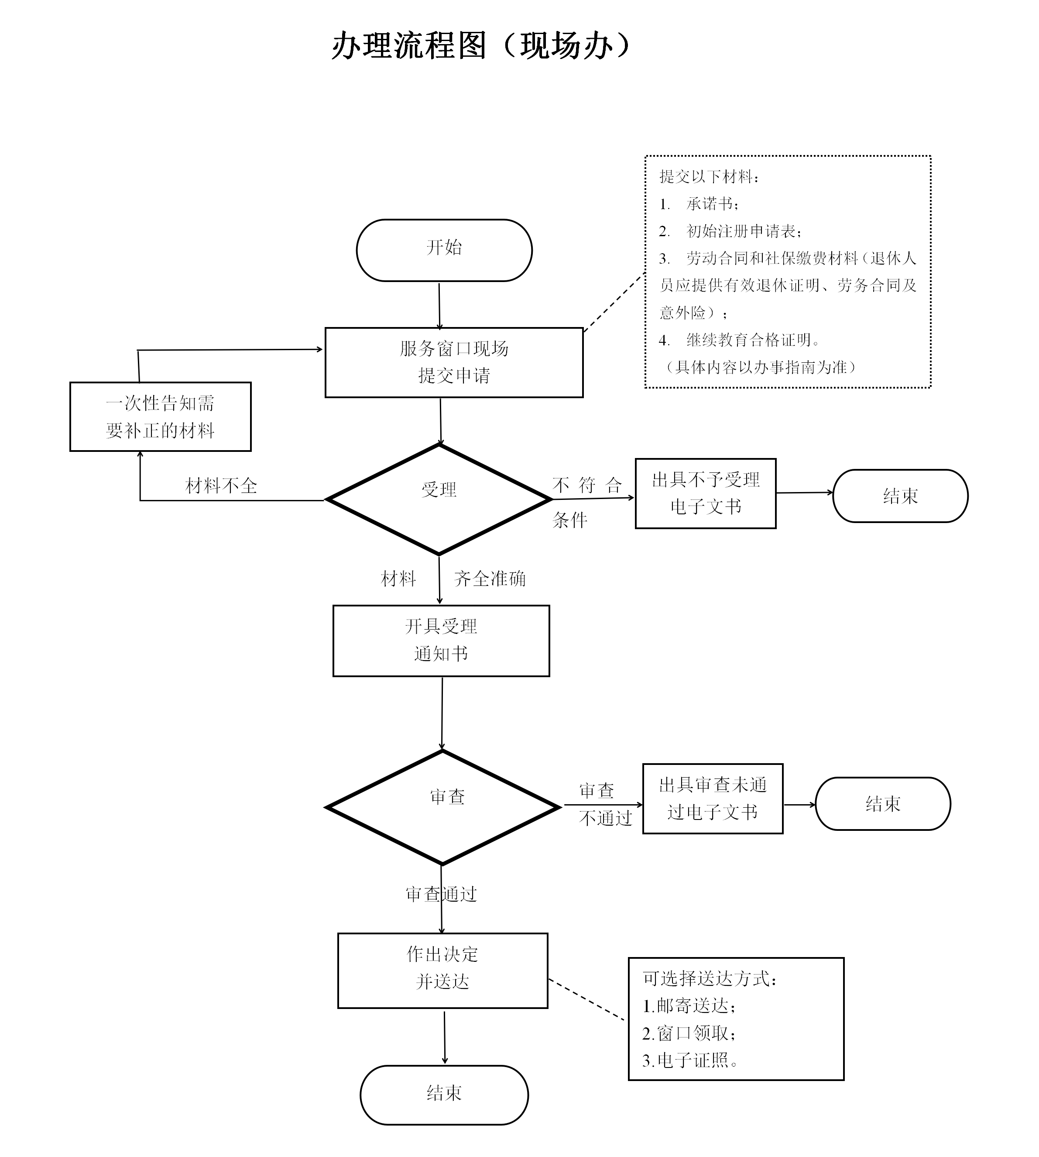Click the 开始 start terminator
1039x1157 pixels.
pos(444,250)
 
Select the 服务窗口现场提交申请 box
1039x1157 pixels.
pos(453,362)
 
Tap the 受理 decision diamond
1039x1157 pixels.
pos(439,499)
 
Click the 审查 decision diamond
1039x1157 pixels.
pos(442,806)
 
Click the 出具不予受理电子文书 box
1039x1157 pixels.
pos(705,493)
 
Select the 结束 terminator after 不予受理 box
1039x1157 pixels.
pos(900,496)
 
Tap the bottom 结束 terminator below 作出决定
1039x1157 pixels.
pos(444,1094)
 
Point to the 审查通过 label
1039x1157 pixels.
pos(441,894)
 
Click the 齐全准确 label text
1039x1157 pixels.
pos(489,578)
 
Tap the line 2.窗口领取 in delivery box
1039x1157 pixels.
pos(689,1033)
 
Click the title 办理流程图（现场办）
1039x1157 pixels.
pos(481,46)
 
